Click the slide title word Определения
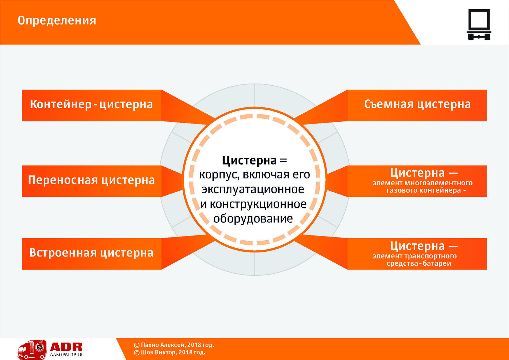pos(57,21)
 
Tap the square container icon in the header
pos(479,24)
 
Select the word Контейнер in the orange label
pos(61,105)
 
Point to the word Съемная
pos(389,104)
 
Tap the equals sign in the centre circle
pos(284,160)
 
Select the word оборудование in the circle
pos(253,219)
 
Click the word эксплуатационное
pos(253,190)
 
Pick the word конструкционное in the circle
pos(258,204)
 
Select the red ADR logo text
pos(66,347)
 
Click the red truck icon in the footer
pos(32,349)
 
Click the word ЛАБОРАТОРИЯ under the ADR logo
pos(66,355)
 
